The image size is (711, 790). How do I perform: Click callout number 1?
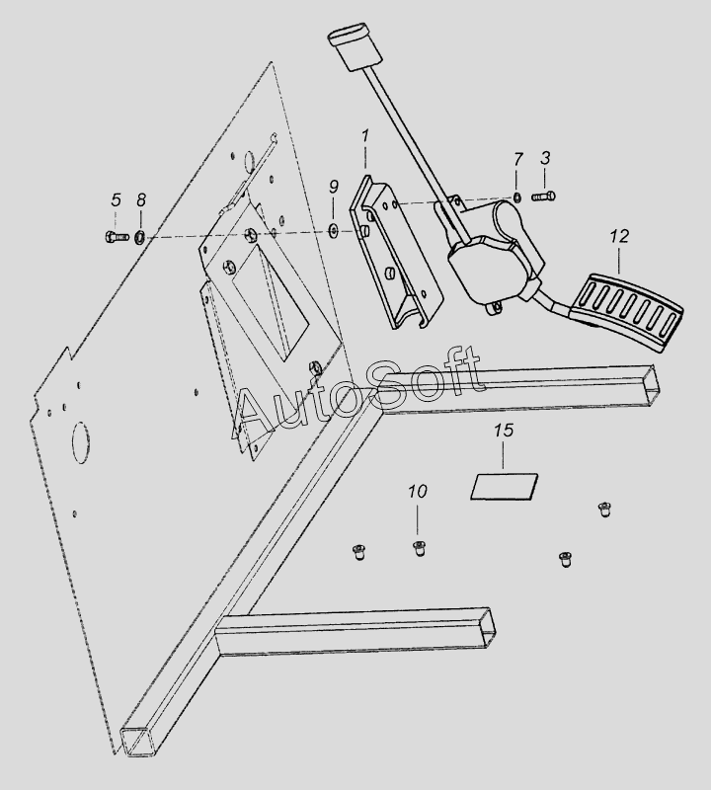tap(364, 136)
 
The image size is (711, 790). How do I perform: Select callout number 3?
tap(545, 158)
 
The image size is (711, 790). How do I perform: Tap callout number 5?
tap(116, 200)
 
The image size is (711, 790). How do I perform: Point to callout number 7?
tap(518, 159)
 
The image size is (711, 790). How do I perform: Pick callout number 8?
tap(141, 200)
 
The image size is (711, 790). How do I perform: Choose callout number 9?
tap(334, 187)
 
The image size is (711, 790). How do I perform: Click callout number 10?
tap(418, 491)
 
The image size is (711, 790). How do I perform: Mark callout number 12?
tap(620, 236)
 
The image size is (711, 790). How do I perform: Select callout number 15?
tap(504, 431)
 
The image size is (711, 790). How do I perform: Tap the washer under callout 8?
tap(140, 236)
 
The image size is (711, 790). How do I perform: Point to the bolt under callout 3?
tap(543, 196)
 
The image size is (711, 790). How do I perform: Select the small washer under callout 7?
tap(518, 197)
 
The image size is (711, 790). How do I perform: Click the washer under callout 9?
tap(333, 231)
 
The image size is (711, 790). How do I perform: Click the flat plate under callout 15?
tap(505, 487)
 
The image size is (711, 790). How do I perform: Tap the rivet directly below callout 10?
tap(419, 548)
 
